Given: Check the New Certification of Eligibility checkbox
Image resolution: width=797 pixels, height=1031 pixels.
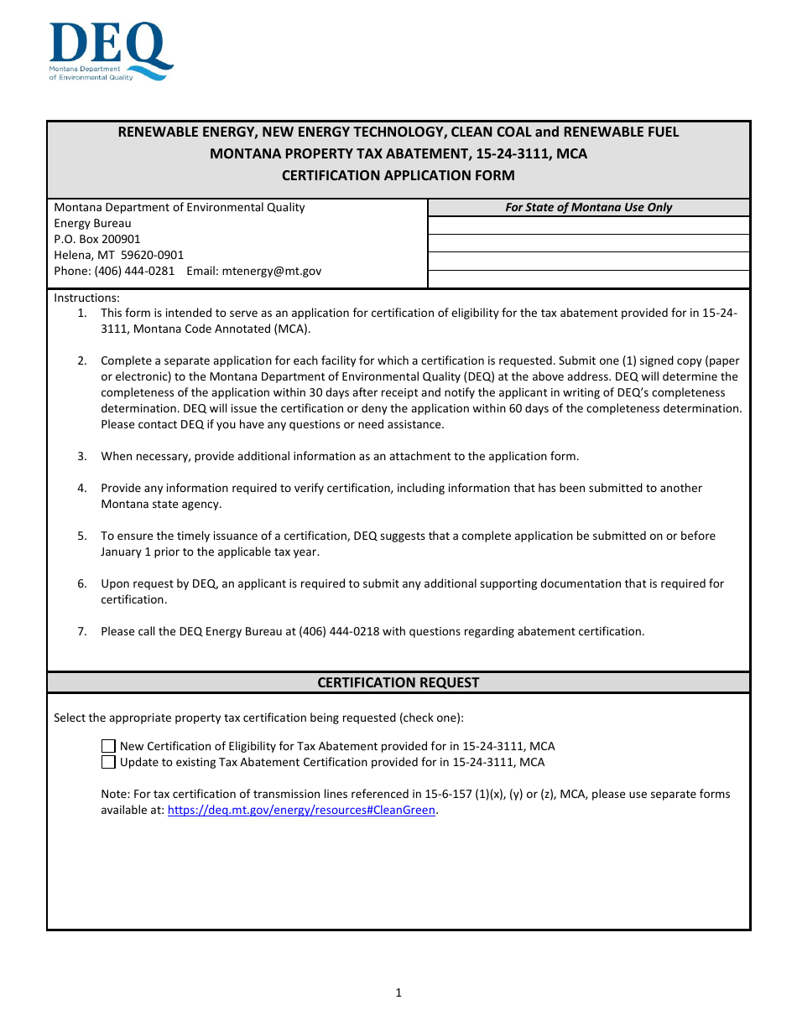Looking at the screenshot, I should [108, 746].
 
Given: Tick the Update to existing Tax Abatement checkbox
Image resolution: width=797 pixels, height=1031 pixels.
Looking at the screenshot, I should [108, 762].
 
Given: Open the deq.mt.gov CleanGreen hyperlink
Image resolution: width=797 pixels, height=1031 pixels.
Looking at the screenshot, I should [301, 811].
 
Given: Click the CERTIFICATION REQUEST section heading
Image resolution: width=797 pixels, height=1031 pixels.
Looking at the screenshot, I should [398, 682].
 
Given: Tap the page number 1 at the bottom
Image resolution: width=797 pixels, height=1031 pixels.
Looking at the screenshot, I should [398, 993].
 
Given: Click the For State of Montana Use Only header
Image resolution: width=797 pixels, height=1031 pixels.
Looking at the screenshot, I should [588, 207].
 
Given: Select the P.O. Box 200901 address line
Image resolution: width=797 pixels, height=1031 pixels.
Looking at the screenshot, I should [97, 239].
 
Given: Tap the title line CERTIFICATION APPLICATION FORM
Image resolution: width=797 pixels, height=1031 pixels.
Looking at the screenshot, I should [398, 175].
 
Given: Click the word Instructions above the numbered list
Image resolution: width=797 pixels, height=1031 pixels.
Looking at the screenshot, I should [86, 298].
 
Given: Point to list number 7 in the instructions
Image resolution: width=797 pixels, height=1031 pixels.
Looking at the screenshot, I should [82, 631].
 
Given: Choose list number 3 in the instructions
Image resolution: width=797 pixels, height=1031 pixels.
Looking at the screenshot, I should [82, 456].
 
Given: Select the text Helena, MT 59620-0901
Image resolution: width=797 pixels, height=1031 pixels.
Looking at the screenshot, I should [119, 255].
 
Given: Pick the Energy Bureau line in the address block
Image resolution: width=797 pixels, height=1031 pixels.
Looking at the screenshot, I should [92, 223].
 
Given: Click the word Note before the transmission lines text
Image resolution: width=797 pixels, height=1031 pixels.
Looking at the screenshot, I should [114, 794].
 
